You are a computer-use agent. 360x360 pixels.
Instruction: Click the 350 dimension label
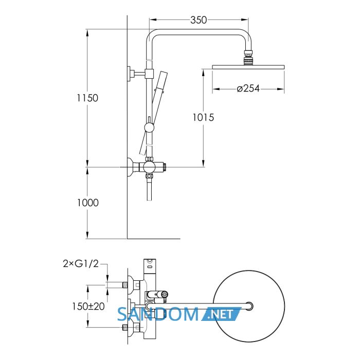(x=199, y=20)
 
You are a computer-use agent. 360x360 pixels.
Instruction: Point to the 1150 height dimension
(x=87, y=98)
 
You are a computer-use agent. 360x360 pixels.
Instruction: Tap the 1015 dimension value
(x=203, y=117)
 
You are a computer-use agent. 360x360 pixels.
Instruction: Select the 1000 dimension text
(x=88, y=203)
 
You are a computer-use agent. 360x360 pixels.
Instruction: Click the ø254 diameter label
(x=248, y=88)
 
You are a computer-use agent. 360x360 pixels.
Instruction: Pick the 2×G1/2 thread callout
(x=81, y=264)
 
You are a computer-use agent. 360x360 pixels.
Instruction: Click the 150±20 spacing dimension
(x=88, y=306)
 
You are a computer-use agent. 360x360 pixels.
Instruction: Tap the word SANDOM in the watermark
(x=158, y=314)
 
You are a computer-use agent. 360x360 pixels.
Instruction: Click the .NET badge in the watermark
(x=221, y=314)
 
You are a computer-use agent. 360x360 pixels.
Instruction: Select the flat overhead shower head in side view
(x=248, y=67)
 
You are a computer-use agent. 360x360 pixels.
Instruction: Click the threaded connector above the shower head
(x=248, y=58)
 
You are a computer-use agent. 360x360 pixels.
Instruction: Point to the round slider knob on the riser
(x=149, y=128)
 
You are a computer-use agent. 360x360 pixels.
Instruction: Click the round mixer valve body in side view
(x=149, y=167)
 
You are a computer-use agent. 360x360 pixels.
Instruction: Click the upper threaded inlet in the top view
(x=124, y=285)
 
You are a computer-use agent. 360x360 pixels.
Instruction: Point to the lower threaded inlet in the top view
(x=124, y=328)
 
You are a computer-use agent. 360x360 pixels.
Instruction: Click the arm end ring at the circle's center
(x=249, y=306)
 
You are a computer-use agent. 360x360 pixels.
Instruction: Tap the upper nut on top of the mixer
(x=149, y=159)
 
